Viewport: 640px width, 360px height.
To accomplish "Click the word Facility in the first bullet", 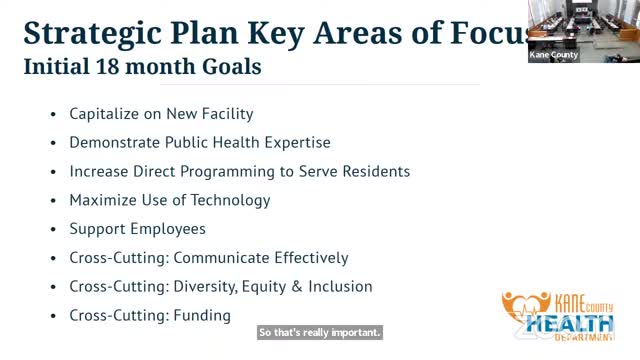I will (225, 114).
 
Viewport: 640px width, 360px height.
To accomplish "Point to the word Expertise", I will (293, 143).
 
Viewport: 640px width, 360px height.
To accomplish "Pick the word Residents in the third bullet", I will (376, 171).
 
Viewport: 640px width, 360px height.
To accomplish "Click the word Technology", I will (231, 200).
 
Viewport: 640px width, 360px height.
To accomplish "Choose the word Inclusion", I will (339, 287).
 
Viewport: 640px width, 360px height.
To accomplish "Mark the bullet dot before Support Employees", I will (54, 230).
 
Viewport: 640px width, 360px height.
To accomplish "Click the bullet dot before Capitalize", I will (54, 115).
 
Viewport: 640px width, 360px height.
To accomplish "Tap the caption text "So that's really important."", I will (320, 332).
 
